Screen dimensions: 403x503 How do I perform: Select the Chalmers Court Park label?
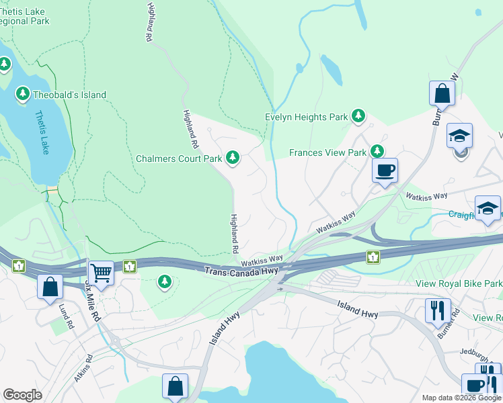point(179,159)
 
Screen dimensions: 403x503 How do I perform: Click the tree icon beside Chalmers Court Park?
point(233,159)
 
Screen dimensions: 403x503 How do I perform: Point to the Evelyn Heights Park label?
point(306,117)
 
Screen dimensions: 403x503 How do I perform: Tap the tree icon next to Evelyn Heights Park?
point(358,117)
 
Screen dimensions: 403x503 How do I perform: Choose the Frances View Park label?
point(327,152)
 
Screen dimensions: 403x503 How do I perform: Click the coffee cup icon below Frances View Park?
point(385,170)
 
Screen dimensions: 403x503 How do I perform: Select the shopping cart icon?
point(101,273)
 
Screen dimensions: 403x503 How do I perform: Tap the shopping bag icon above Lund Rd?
point(50,287)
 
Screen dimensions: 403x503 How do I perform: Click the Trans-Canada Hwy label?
point(241,270)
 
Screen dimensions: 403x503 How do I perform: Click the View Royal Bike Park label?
point(459,283)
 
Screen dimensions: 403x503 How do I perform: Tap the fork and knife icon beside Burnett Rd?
point(437,310)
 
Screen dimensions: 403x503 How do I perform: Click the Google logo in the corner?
point(22,395)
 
